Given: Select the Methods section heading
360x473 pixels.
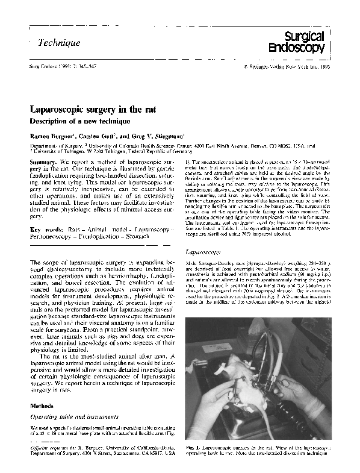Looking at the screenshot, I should pyautogui.click(x=42, y=406).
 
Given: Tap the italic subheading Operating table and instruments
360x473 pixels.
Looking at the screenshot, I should pyautogui.click(x=70, y=416).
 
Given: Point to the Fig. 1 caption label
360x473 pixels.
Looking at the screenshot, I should pyautogui.click(x=193, y=449).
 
